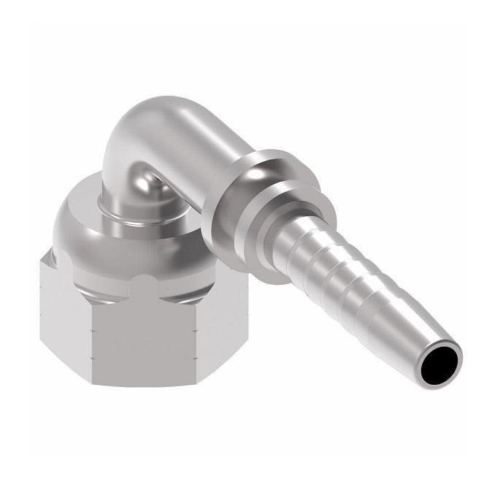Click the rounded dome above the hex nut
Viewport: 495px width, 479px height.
point(131,241)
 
